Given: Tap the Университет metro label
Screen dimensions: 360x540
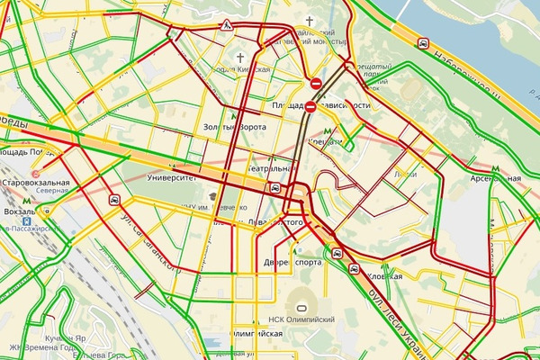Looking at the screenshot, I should pos(172,179).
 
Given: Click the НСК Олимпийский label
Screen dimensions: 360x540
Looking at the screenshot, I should pos(301,319).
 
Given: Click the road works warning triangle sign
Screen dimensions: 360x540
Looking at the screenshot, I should pos(228,24).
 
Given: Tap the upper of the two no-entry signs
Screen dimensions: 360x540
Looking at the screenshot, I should pos(315,84).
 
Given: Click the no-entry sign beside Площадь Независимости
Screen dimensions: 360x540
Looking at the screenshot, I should pos(310,106).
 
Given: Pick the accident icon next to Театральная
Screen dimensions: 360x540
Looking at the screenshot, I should pos(275,188).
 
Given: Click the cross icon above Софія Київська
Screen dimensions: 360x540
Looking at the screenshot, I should pos(240,57).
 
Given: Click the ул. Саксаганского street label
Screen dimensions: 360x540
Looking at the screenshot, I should pos(148,243).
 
